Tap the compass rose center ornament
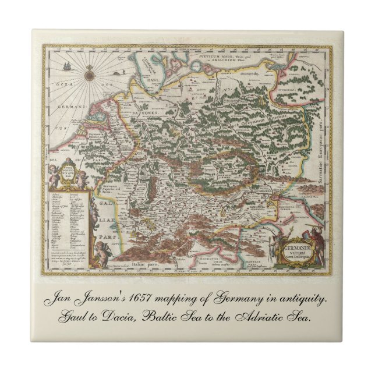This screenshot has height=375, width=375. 90,75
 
